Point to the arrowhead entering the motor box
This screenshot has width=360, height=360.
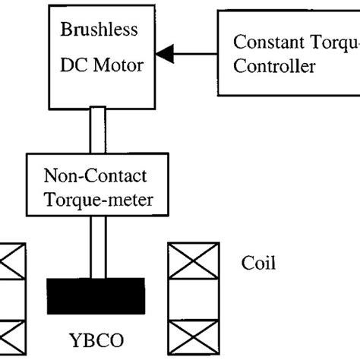(x=165, y=52)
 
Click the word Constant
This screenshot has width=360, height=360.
(x=264, y=43)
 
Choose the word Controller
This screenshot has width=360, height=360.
(x=273, y=67)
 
